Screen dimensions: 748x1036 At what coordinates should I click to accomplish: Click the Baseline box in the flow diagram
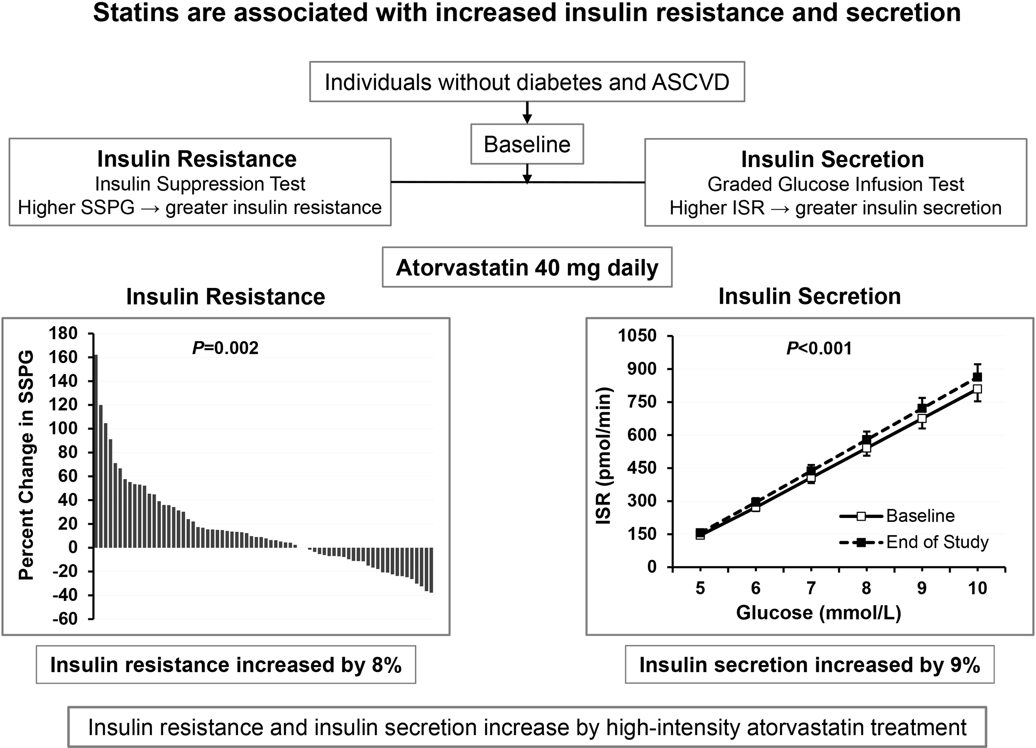[527, 144]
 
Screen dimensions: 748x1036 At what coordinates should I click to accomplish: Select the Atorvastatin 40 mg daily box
[527, 268]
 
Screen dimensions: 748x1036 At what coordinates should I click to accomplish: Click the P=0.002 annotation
[225, 348]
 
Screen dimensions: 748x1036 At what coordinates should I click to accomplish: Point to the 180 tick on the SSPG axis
[63, 334]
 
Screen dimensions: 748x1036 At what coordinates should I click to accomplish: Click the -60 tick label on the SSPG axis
[65, 619]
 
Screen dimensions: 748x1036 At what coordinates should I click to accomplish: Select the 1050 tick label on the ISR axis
[637, 336]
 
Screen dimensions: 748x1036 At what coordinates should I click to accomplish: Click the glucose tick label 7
[811, 588]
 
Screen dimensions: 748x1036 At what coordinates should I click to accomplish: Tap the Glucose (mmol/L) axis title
[818, 612]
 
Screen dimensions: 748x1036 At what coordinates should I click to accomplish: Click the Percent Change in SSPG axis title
[26, 465]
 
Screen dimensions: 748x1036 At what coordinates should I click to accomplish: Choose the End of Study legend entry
[937, 542]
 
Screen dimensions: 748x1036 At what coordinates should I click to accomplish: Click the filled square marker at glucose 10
[977, 377]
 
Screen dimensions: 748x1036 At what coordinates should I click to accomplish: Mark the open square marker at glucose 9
[922, 418]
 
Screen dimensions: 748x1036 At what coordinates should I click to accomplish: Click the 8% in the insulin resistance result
[386, 665]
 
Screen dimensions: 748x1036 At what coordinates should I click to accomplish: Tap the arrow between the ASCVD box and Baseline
[527, 112]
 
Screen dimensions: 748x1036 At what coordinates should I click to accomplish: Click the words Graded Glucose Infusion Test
[835, 184]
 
